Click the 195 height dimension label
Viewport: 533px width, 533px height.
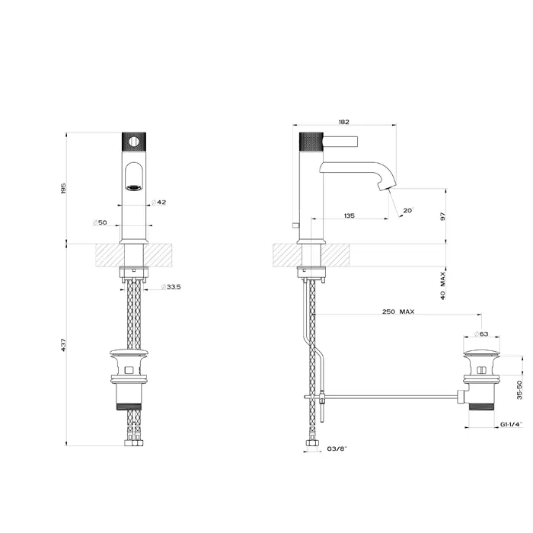pos(65,187)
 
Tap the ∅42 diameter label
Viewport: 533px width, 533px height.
pos(158,202)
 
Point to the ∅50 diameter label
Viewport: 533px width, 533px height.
pos(99,222)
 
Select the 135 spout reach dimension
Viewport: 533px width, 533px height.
pos(349,216)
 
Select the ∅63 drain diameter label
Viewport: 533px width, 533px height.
pos(481,334)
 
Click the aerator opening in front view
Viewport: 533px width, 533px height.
pos(134,184)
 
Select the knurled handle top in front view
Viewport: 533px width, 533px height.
pos(134,141)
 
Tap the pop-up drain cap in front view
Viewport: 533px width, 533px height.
pos(134,354)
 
